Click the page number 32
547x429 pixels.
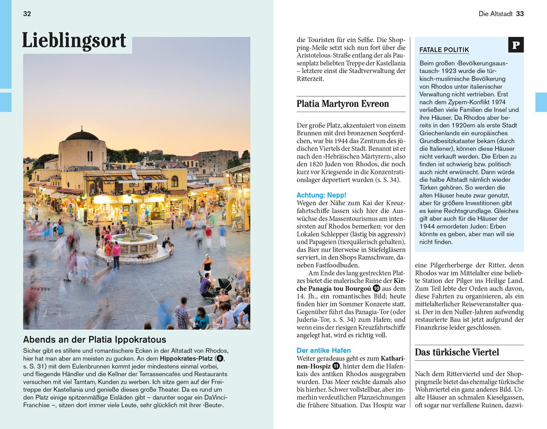(27, 14)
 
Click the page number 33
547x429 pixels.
(520, 14)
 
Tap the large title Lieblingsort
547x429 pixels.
(74, 41)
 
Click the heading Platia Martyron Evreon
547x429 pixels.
(343, 104)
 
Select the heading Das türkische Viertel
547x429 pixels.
(457, 352)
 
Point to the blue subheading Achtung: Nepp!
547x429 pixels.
(321, 195)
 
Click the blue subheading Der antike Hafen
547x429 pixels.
(323, 351)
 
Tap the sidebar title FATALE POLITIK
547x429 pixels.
(444, 50)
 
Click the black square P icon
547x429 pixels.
(516, 45)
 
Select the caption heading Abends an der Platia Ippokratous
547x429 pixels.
(94, 340)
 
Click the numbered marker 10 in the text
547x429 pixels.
(376, 289)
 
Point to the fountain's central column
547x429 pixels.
(133, 219)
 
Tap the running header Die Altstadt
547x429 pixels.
(495, 14)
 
